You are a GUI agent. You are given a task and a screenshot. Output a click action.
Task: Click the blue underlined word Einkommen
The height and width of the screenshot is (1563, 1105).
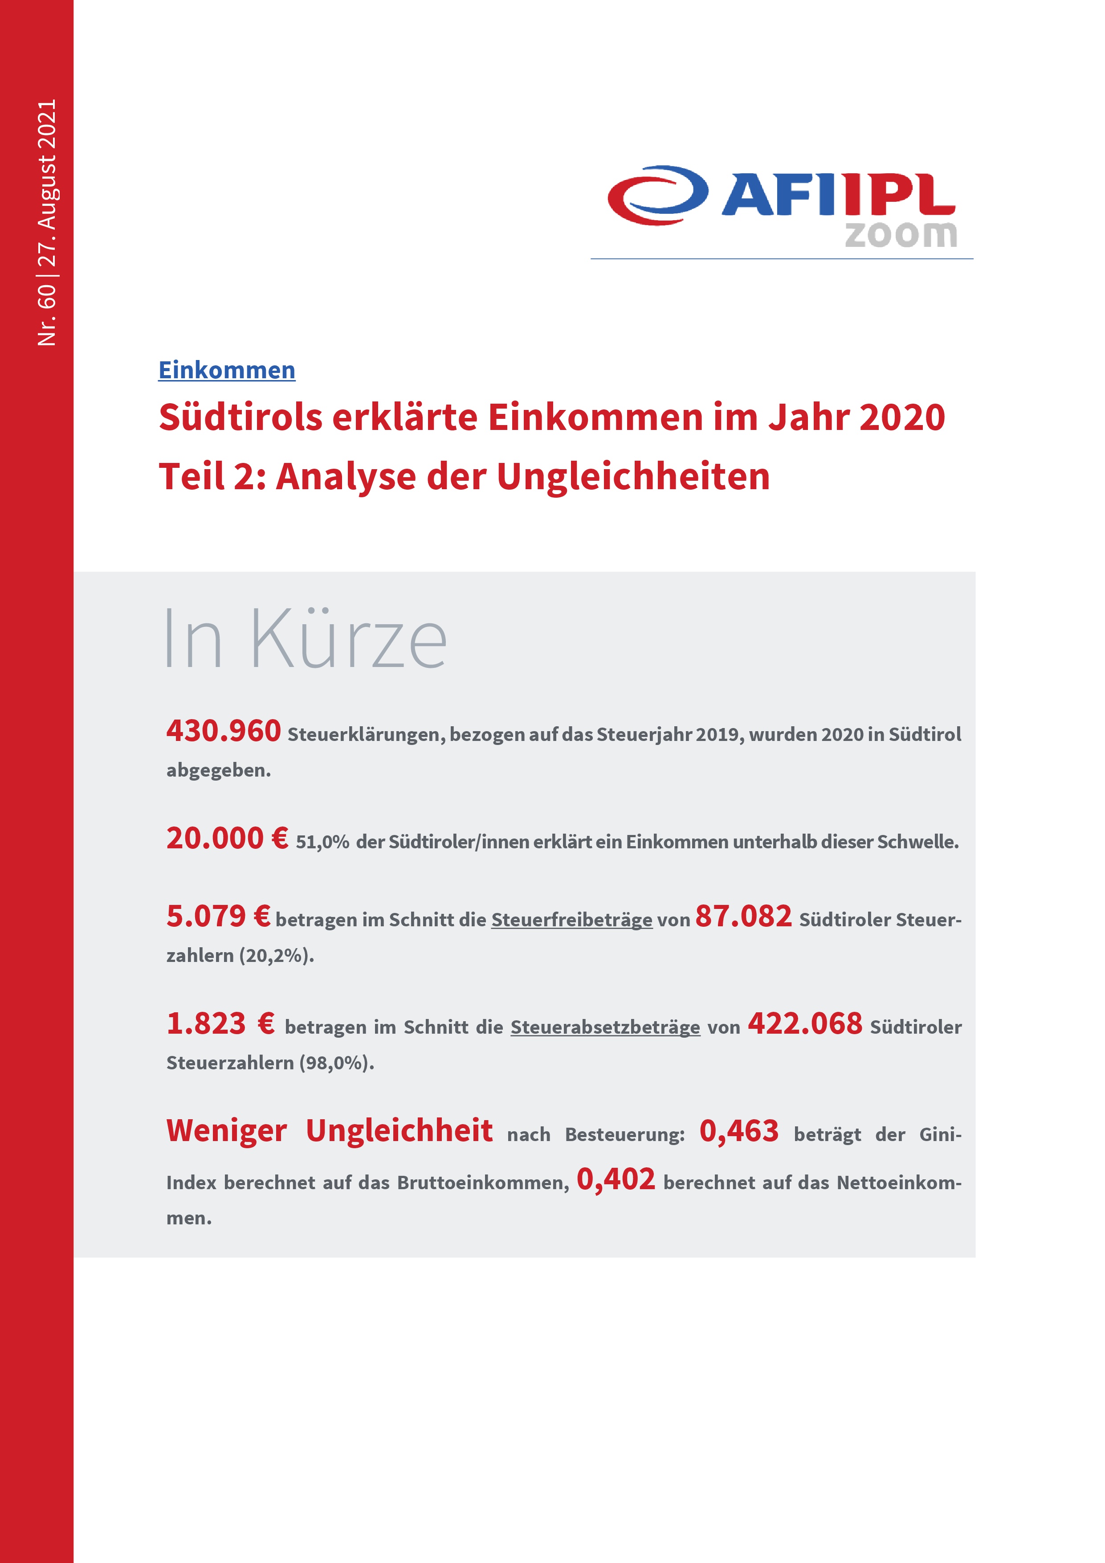point(227,370)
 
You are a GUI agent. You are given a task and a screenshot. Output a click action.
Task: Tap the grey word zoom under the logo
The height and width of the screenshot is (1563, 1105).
point(901,234)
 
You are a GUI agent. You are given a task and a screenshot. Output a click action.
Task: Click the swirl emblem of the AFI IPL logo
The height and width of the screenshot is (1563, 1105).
point(657,195)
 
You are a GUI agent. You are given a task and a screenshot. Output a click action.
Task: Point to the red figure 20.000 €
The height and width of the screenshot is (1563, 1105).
point(227,838)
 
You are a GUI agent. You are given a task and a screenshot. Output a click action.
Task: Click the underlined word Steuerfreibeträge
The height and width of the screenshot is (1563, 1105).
point(571,920)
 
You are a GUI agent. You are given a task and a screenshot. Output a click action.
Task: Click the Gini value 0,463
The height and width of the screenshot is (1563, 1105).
point(739,1131)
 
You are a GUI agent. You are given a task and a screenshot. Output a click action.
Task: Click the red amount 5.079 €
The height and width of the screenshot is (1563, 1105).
point(218,917)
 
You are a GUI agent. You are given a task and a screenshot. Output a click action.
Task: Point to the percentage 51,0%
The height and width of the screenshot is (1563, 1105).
point(322,842)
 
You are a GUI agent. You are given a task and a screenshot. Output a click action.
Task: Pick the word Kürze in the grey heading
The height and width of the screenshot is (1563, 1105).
point(349,638)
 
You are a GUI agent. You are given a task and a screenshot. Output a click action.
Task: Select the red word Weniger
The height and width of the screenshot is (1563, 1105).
point(227,1131)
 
